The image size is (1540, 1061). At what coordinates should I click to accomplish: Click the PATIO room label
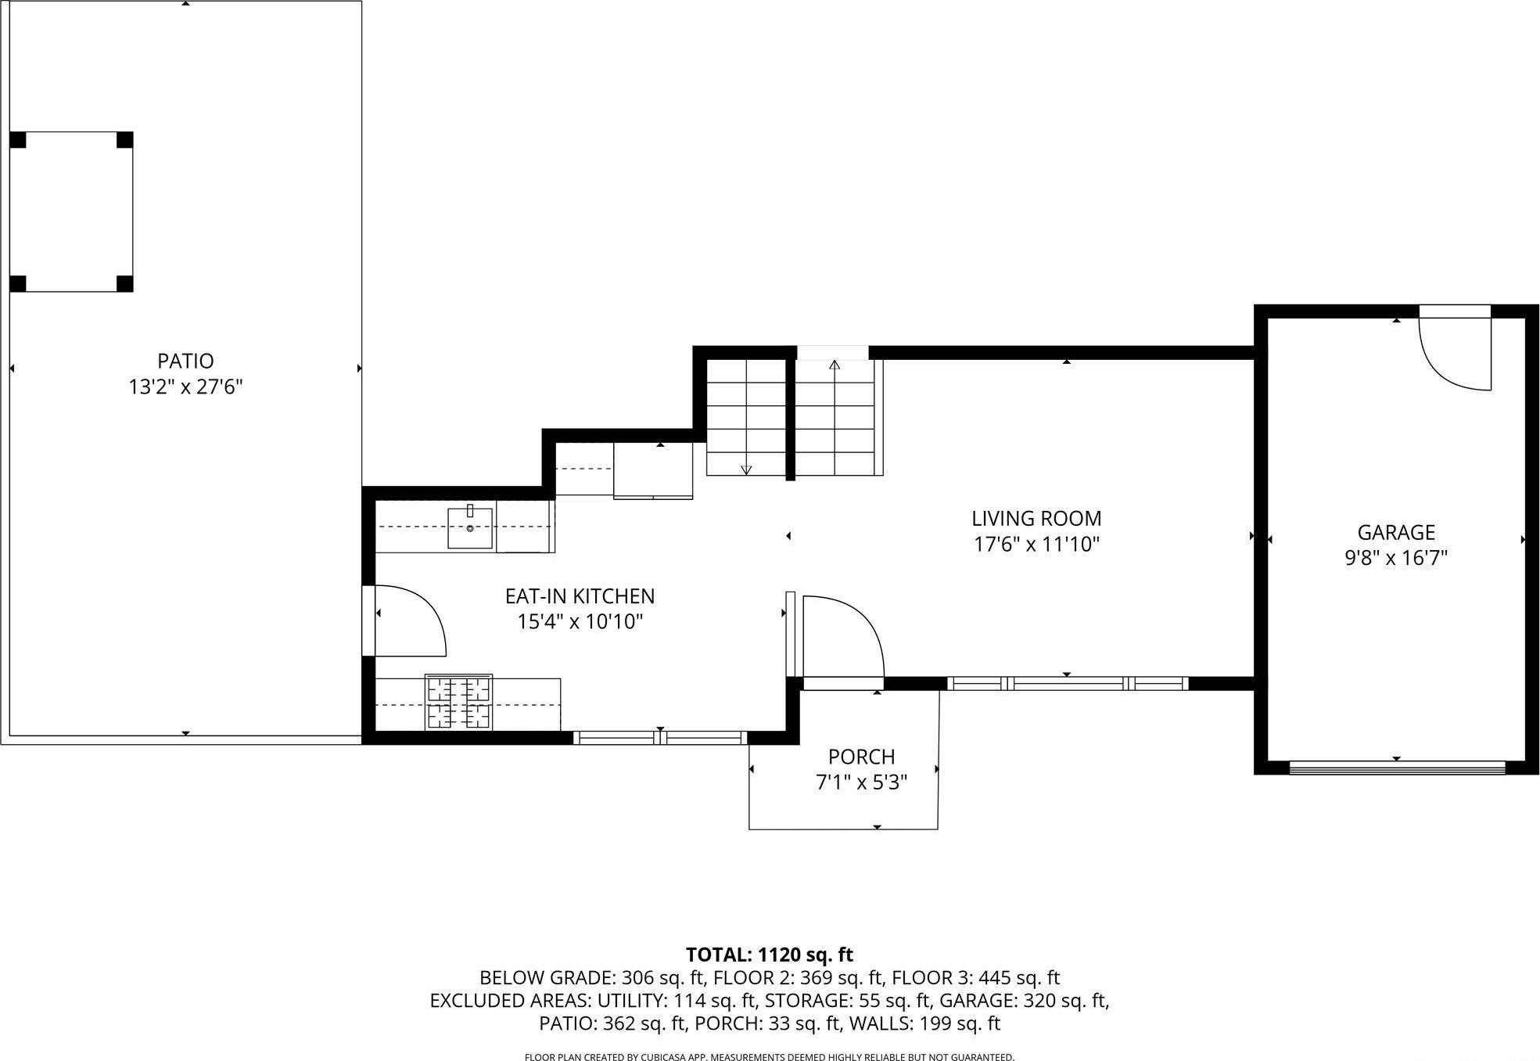(185, 361)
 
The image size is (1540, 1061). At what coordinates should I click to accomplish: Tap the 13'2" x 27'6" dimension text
(185, 387)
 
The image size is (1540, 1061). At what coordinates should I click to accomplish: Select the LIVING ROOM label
(1036, 518)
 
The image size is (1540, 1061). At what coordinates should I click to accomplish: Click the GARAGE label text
(1395, 532)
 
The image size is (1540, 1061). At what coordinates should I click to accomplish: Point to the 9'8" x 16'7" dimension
(1395, 558)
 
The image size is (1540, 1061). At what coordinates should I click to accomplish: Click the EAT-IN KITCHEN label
(580, 596)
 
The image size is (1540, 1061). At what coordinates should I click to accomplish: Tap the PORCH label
(861, 757)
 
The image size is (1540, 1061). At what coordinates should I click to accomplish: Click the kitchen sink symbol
(470, 527)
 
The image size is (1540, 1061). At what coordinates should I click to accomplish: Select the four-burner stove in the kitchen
(458, 702)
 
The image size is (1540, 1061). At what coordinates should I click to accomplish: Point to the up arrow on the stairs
(835, 365)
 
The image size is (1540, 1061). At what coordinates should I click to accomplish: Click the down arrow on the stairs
(746, 469)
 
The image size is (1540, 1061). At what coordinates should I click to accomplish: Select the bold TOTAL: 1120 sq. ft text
(769, 955)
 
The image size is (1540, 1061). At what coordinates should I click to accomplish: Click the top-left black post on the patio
(18, 140)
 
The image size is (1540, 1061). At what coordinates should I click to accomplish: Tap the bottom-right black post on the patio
(124, 283)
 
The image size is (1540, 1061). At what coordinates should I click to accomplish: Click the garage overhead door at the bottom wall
(1396, 768)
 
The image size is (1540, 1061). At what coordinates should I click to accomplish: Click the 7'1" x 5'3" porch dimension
(861, 782)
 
